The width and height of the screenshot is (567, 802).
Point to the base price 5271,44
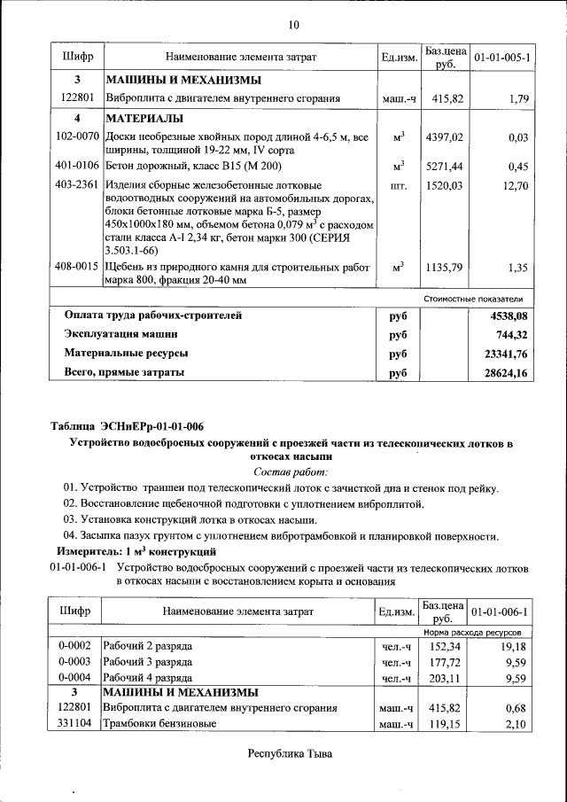(x=443, y=167)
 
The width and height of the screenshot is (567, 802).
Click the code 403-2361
(x=76, y=185)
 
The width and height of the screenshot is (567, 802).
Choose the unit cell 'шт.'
(x=398, y=185)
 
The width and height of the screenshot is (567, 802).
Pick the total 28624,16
(x=508, y=373)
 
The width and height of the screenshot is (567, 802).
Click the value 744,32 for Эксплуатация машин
(x=511, y=334)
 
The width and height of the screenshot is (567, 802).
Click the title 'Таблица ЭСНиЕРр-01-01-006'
(x=127, y=426)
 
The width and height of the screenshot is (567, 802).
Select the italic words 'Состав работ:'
(x=291, y=471)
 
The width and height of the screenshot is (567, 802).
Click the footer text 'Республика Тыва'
(x=290, y=755)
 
